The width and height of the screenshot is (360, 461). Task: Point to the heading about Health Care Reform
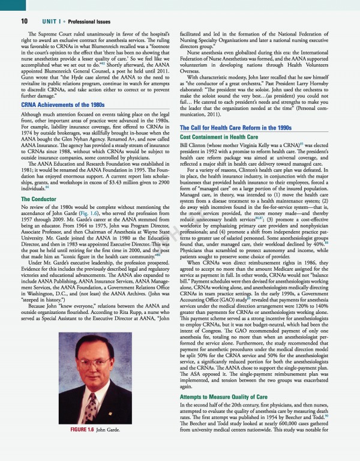pyautogui.click(x=236, y=128)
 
